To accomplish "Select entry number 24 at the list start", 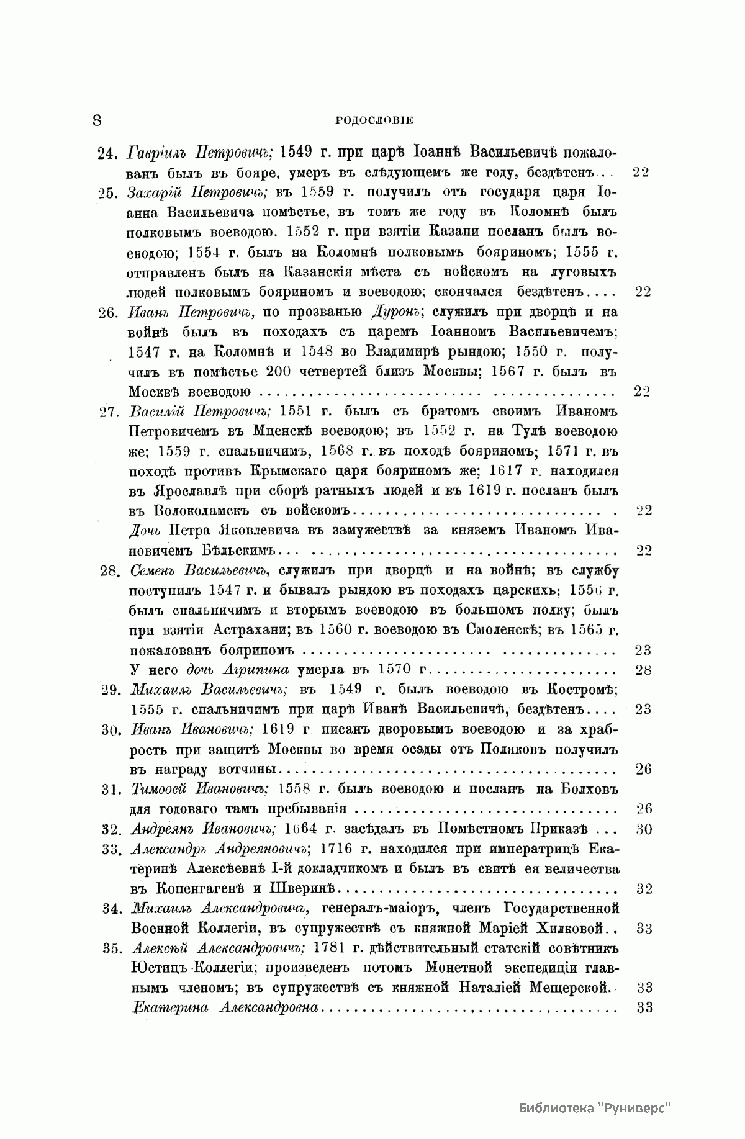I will click(109, 153).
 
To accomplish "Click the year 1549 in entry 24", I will click(304, 153).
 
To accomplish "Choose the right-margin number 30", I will click(644, 829).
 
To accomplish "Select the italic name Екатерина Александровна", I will click(225, 1008).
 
